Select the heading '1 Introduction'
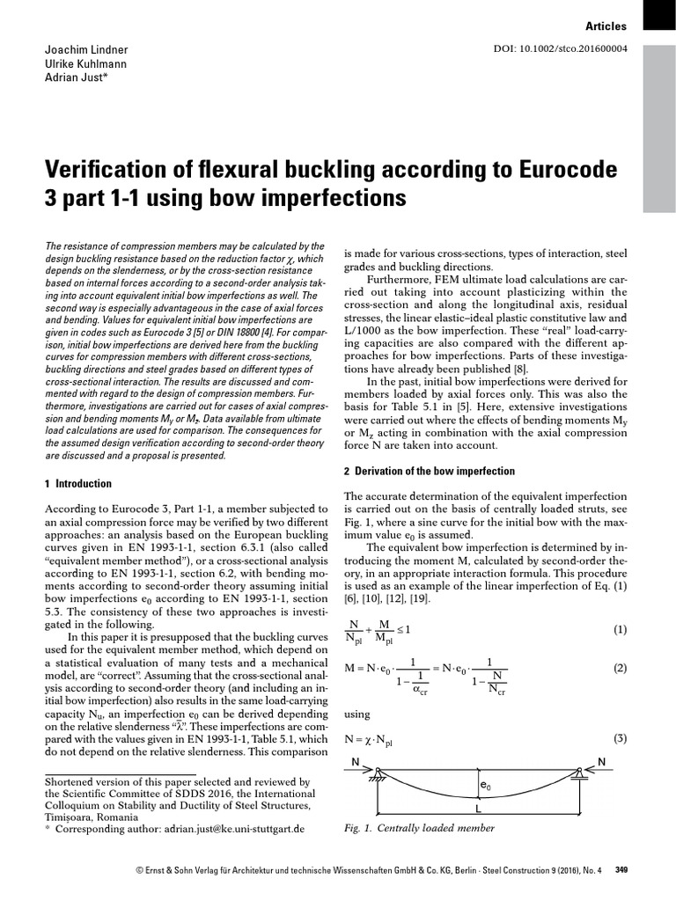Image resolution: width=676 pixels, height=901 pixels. tap(77, 483)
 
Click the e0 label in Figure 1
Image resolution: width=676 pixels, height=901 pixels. tap(485, 784)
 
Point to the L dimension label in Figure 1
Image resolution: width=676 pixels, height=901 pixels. tap(478, 807)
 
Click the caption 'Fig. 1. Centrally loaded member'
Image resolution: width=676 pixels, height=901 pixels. tap(419, 828)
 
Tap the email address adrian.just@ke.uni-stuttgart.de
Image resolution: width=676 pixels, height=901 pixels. tap(232, 829)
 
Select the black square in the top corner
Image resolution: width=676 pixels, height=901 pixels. tap(659, 15)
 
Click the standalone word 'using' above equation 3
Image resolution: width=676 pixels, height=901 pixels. tap(357, 714)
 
